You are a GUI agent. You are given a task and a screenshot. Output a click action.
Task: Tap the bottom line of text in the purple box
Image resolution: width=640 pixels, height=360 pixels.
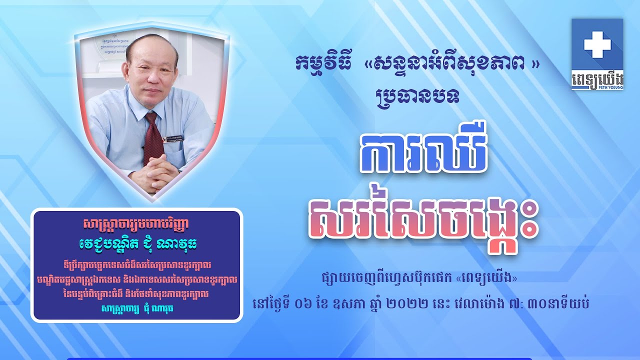[136, 308]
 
